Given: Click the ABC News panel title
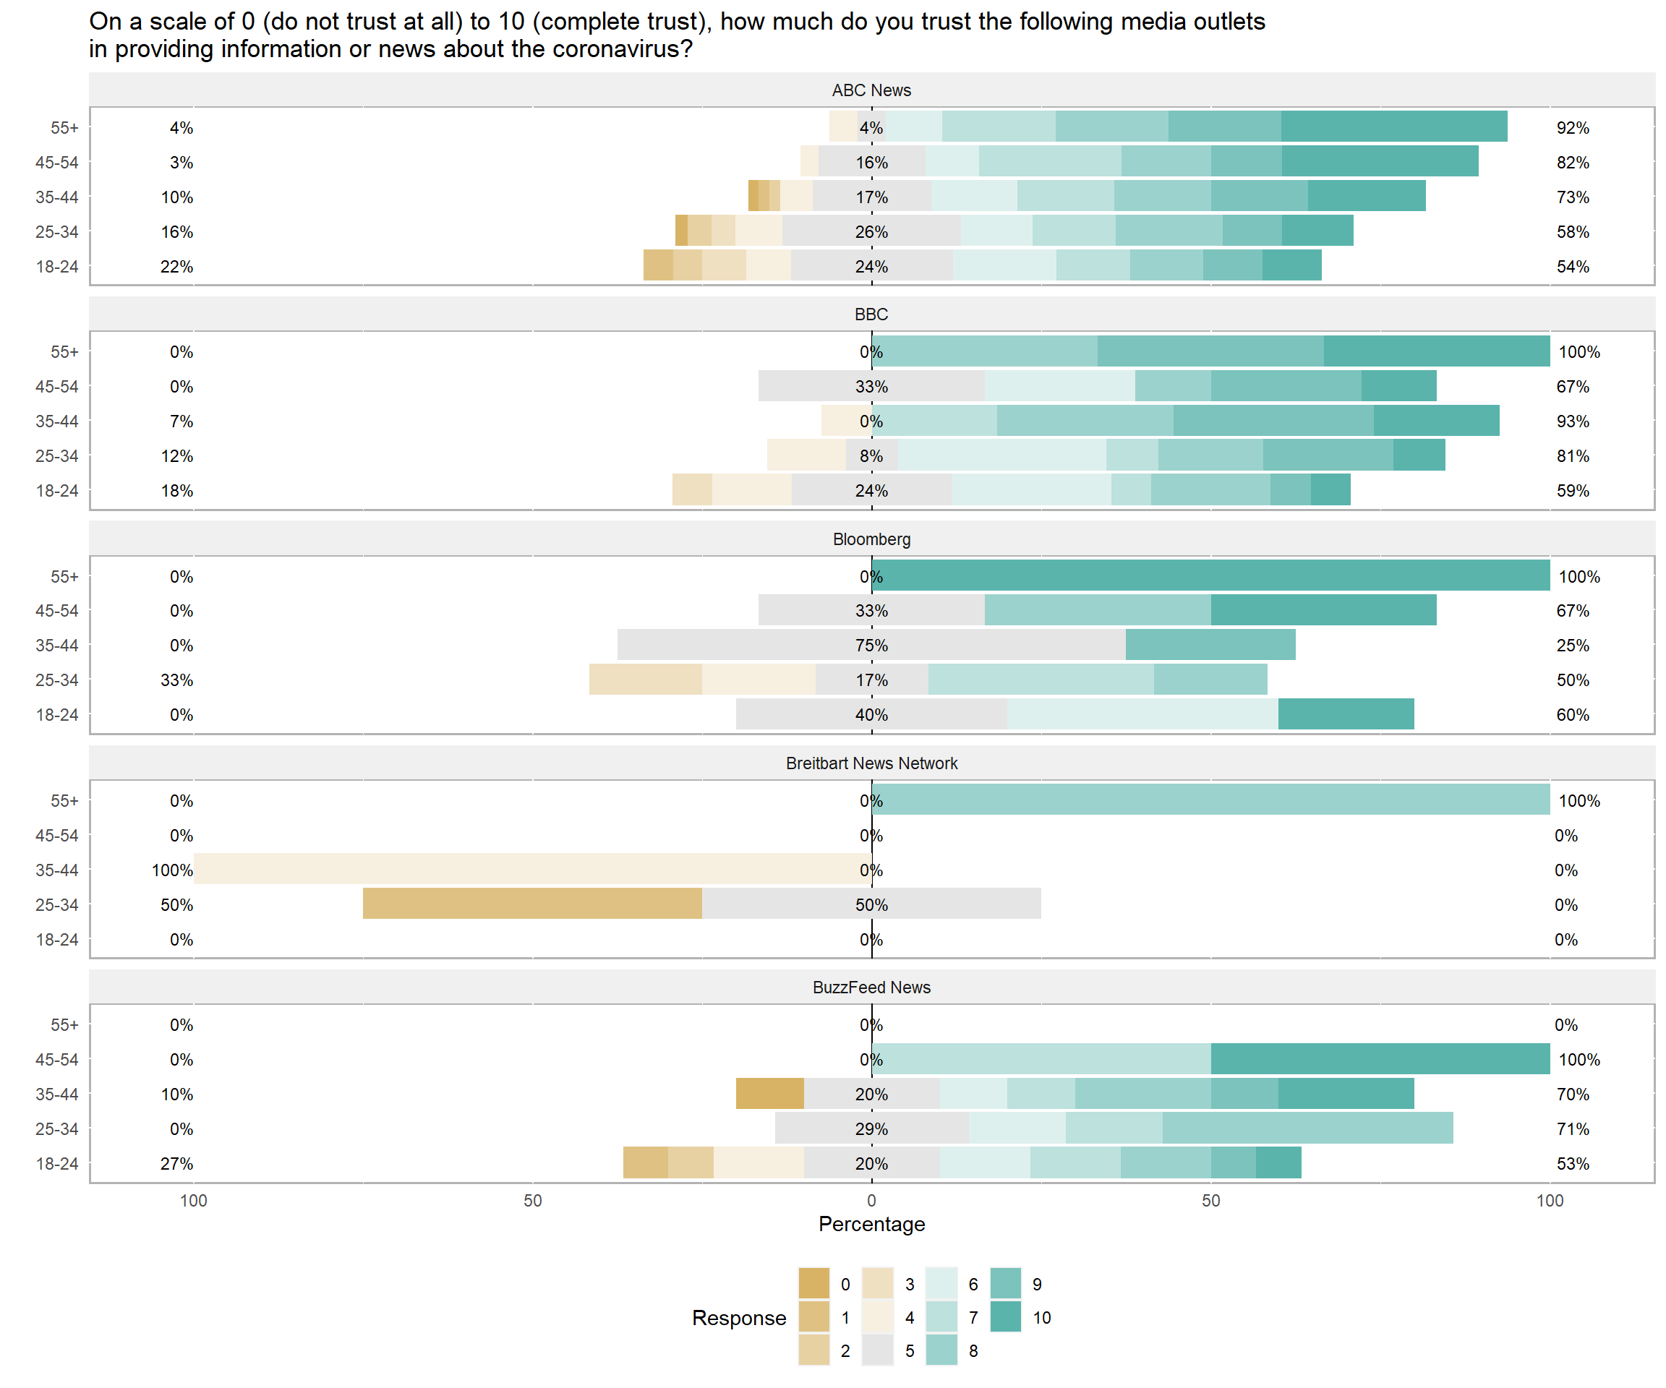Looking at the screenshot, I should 871,90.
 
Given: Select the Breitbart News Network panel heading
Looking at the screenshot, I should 871,763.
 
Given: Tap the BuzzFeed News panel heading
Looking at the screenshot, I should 871,988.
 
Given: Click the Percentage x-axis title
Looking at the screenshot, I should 871,1224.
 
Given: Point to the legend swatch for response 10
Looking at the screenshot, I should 1006,1317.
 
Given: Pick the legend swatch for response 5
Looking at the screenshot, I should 877,1350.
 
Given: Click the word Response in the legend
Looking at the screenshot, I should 738,1317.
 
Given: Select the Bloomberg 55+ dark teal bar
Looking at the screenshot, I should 1210,576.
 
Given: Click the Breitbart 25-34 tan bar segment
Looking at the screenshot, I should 531,904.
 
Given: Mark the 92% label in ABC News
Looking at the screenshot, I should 1573,128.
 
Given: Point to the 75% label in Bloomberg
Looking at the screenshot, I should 871,646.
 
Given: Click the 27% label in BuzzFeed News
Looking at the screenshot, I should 176,1164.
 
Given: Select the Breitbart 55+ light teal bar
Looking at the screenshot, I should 1210,800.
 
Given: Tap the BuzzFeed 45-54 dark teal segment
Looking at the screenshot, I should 1380,1059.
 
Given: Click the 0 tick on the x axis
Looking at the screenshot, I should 871,1201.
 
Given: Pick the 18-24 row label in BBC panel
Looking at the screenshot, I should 57,491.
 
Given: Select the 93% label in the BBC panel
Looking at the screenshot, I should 1573,421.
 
